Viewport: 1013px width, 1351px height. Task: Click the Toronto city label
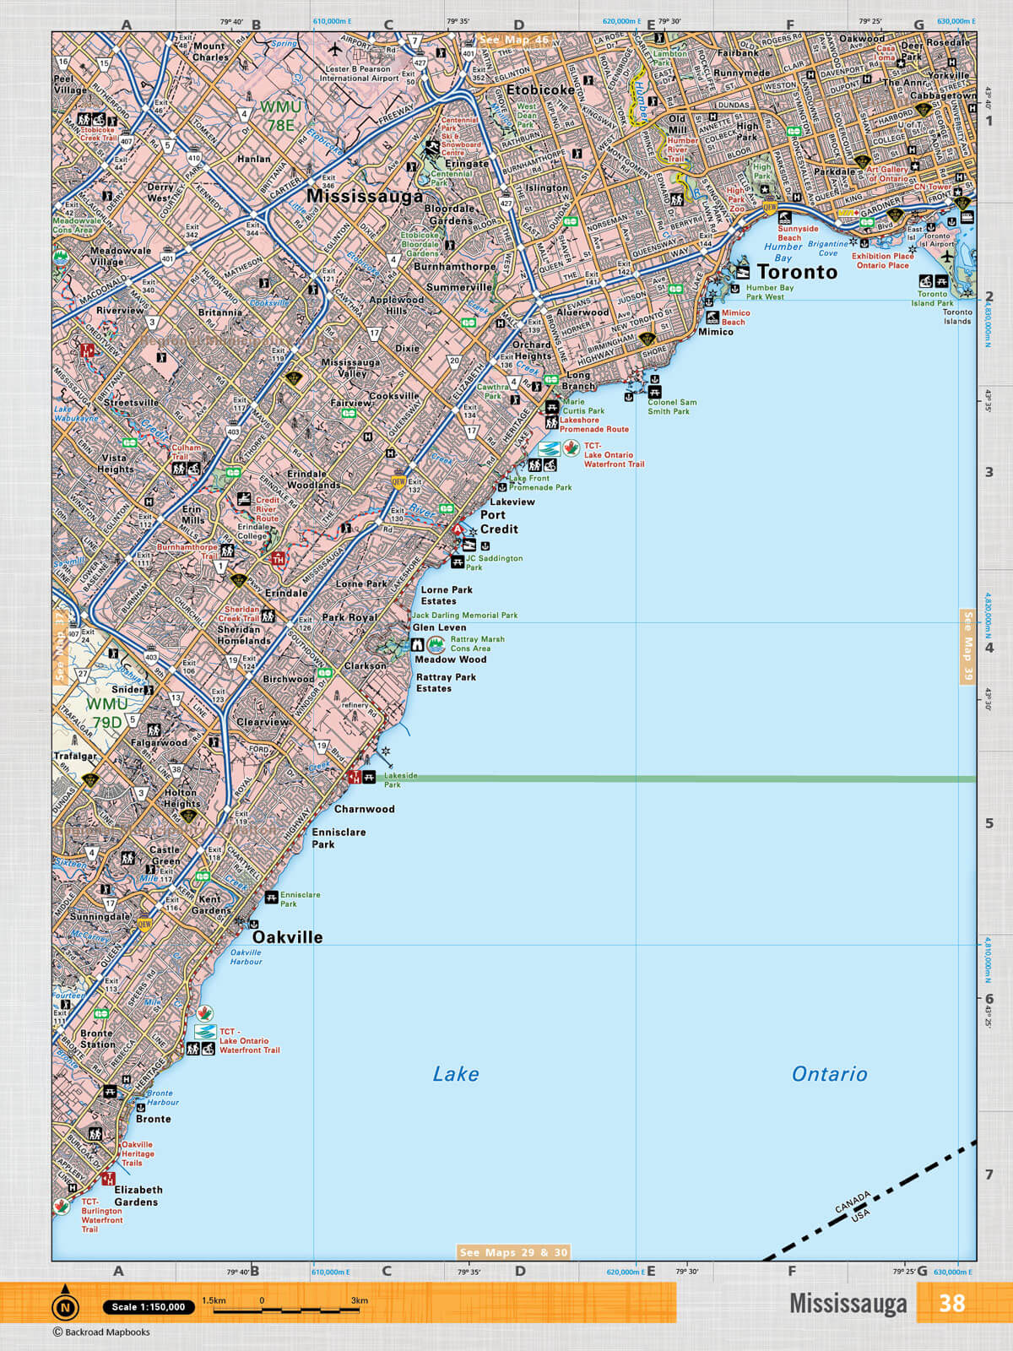(797, 272)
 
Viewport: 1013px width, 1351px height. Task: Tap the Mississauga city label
(365, 196)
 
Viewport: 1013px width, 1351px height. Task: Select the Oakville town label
(287, 937)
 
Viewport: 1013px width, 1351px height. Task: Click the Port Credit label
(498, 522)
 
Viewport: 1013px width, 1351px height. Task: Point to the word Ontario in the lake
(829, 1074)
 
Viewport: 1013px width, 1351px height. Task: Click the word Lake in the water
(455, 1074)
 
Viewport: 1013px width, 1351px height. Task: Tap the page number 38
(951, 1303)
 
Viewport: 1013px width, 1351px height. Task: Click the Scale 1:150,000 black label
(149, 1306)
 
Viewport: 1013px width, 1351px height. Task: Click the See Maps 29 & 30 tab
(513, 1252)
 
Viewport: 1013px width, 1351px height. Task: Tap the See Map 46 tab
(513, 40)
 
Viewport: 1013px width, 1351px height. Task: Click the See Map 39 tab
(967, 646)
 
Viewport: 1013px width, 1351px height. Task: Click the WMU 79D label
(107, 713)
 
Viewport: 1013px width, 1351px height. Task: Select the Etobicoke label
(540, 90)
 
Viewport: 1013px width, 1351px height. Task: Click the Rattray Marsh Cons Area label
(477, 643)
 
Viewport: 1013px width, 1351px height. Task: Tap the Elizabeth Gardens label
(137, 1196)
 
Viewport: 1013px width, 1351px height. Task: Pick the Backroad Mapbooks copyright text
(101, 1332)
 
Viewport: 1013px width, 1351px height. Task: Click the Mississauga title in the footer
(848, 1303)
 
